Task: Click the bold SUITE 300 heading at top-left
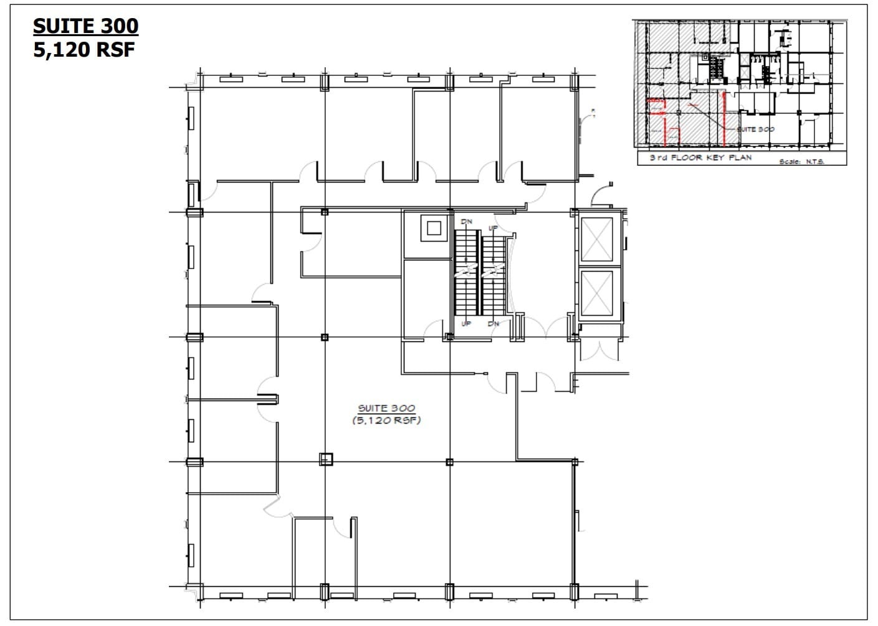[x=85, y=26]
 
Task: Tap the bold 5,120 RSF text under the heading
[x=84, y=49]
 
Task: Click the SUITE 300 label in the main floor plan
[x=386, y=408]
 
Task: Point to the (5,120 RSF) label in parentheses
[x=386, y=420]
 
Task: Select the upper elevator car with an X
[x=596, y=239]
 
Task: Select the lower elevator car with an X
[x=596, y=292]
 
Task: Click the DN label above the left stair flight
[x=466, y=222]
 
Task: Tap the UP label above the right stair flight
[x=494, y=229]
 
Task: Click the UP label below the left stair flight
[x=465, y=324]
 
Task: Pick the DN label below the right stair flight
[x=494, y=324]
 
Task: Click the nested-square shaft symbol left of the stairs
[x=433, y=228]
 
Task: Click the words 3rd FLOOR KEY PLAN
[x=700, y=158]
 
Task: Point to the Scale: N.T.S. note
[x=802, y=161]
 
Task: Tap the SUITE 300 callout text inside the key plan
[x=756, y=130]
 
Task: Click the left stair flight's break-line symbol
[x=466, y=270]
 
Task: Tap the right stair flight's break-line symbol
[x=495, y=270]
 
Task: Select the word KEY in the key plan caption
[x=718, y=158]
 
